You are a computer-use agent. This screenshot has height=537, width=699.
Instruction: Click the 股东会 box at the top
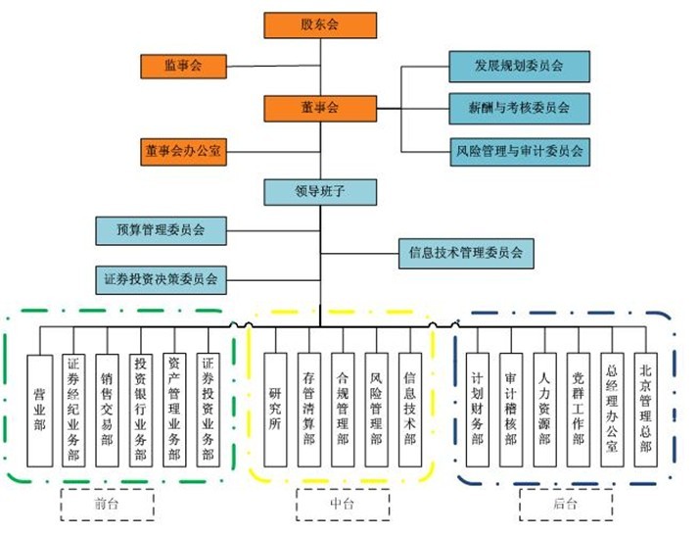[x=319, y=25]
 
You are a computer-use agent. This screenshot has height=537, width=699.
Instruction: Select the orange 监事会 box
[x=183, y=67]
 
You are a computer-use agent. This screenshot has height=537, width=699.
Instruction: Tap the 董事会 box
[x=319, y=108]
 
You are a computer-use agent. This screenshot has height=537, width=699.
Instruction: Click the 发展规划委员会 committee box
[x=519, y=66]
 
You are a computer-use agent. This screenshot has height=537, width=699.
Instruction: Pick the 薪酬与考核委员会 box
[x=519, y=108]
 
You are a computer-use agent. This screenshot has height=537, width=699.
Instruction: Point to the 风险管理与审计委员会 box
[x=519, y=151]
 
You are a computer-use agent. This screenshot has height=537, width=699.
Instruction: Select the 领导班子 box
[x=319, y=191]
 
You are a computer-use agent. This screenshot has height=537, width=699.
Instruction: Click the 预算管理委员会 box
[x=161, y=230]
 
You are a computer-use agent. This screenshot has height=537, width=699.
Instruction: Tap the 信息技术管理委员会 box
[x=466, y=252]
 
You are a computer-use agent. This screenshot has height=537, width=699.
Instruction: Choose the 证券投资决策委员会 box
[x=161, y=278]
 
